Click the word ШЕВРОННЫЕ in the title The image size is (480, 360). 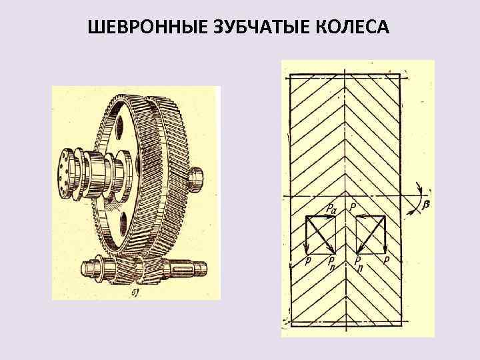pyautogui.click(x=142, y=27)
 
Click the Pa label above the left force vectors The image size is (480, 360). pyautogui.click(x=331, y=209)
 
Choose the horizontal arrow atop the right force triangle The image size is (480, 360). pyautogui.click(x=372, y=217)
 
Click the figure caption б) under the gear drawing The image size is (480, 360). pyautogui.click(x=135, y=291)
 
